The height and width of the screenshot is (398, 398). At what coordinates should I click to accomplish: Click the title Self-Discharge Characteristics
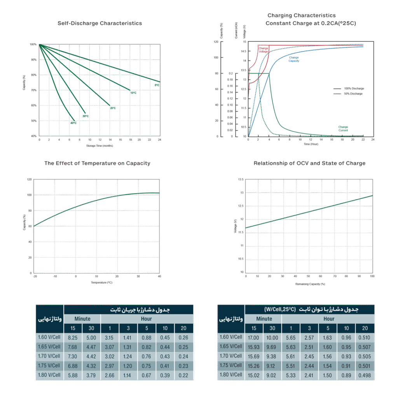click(99, 23)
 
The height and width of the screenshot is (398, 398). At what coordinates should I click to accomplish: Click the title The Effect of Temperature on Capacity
click(97, 163)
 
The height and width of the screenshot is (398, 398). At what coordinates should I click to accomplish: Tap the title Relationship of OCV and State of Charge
click(309, 163)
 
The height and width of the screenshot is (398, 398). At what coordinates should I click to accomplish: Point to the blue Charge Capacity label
click(294, 59)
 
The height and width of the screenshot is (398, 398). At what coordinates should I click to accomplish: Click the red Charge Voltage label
click(263, 50)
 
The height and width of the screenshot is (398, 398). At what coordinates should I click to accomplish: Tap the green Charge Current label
click(343, 128)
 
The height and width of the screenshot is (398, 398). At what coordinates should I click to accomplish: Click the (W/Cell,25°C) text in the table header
click(279, 309)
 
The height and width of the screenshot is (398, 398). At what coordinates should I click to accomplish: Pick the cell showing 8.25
click(73, 337)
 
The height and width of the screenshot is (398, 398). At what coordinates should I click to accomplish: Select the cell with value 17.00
click(254, 337)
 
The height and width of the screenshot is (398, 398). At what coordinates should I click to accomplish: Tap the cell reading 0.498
click(365, 375)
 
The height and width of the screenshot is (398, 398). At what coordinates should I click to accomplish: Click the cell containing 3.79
click(91, 375)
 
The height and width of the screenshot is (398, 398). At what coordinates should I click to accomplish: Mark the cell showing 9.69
click(272, 347)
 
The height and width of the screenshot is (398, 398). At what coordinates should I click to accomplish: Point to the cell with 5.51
click(291, 366)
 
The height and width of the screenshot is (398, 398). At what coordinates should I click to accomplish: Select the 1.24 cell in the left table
click(127, 356)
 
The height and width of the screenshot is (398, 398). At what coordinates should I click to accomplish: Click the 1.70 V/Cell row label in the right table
click(231, 356)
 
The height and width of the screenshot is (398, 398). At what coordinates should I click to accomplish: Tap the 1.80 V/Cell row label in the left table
click(49, 375)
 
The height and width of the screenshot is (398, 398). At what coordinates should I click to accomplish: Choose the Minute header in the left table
click(82, 319)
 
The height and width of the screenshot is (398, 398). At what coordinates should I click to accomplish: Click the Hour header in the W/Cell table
click(328, 319)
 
